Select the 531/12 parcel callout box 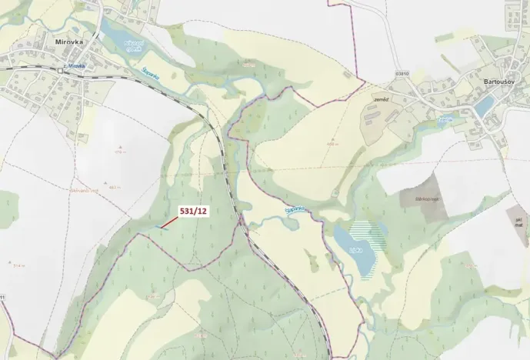(193, 209)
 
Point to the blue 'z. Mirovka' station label (75, 67)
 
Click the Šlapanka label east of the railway (298, 209)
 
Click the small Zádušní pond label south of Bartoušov (444, 120)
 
